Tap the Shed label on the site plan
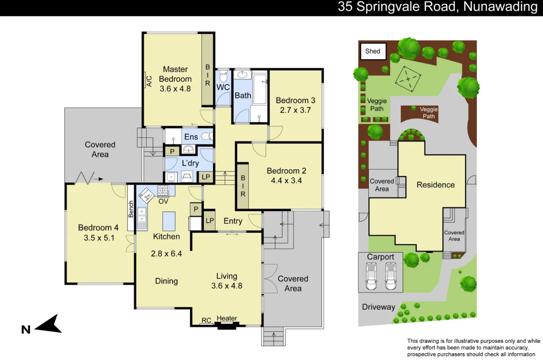(373, 51)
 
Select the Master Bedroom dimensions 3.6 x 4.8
(175, 89)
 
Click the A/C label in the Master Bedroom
(149, 81)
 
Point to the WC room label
(223, 87)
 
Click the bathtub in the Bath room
(260, 89)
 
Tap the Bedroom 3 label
(295, 100)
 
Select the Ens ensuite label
(191, 137)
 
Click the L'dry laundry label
(190, 163)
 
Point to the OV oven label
(163, 201)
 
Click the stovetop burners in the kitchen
(163, 191)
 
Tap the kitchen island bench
(169, 221)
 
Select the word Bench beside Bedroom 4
(131, 209)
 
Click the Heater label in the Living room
(227, 318)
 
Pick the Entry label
(233, 221)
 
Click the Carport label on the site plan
(380, 257)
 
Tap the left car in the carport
(372, 276)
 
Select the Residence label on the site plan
(435, 185)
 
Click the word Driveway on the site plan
(378, 307)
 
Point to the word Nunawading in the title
(500, 7)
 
